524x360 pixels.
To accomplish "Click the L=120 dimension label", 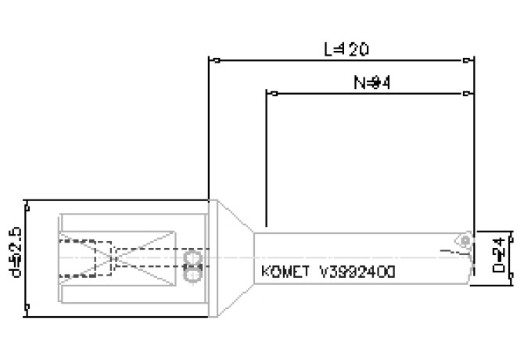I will pyautogui.click(x=346, y=49).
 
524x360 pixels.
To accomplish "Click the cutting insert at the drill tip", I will pyautogui.click(x=465, y=240).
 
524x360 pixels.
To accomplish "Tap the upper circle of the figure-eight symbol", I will pyautogui.click(x=192, y=257).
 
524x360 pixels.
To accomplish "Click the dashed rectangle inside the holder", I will pyautogui.click(x=86, y=258).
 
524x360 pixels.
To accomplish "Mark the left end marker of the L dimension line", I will pyautogui.click(x=209, y=59).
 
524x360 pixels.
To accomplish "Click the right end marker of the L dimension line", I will pyautogui.click(x=469, y=59).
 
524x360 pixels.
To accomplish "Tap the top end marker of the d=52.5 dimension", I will pyautogui.click(x=27, y=201).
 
